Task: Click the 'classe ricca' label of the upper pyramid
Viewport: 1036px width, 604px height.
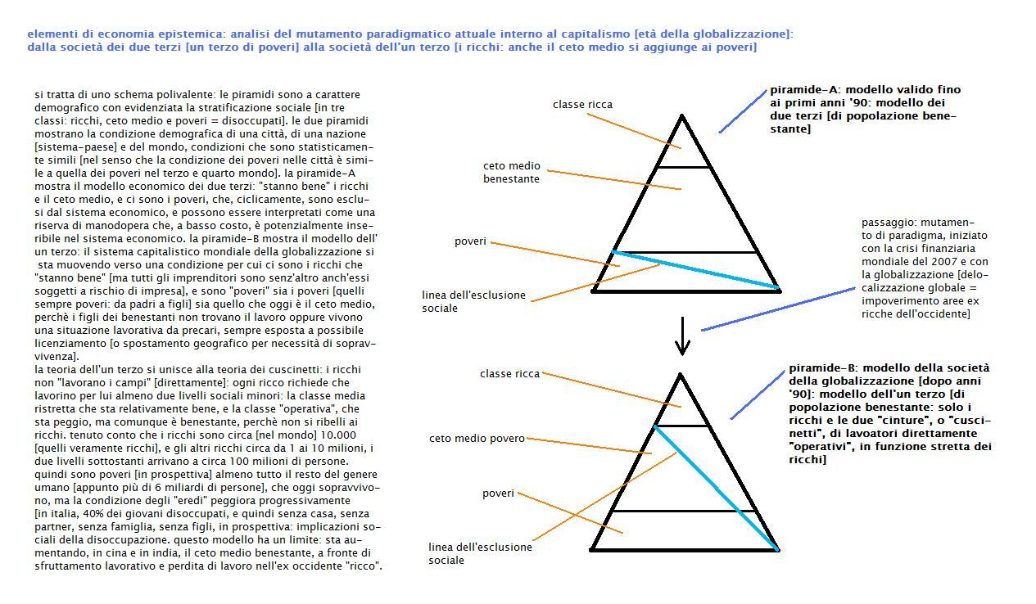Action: (582, 105)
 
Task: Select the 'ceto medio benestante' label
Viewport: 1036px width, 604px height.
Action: (511, 172)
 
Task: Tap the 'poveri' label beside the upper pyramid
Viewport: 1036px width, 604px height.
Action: (470, 241)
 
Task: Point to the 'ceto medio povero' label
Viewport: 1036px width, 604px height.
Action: (476, 439)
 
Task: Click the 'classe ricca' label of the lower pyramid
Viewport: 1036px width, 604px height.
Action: (509, 374)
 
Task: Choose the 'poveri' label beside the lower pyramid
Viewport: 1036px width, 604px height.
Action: (498, 494)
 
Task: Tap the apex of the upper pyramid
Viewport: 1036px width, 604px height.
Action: (681, 118)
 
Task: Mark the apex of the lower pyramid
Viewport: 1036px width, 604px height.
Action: (681, 376)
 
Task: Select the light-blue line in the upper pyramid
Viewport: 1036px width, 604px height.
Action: (696, 269)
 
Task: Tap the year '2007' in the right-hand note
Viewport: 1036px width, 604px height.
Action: (949, 262)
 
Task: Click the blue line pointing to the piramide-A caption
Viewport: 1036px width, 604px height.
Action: (743, 110)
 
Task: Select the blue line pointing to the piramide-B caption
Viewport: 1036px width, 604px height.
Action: (757, 394)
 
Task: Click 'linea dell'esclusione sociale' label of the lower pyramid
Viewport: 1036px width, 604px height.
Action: (480, 553)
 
